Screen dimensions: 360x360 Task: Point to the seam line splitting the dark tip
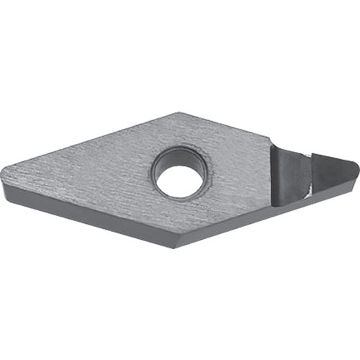coord(305,169)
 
